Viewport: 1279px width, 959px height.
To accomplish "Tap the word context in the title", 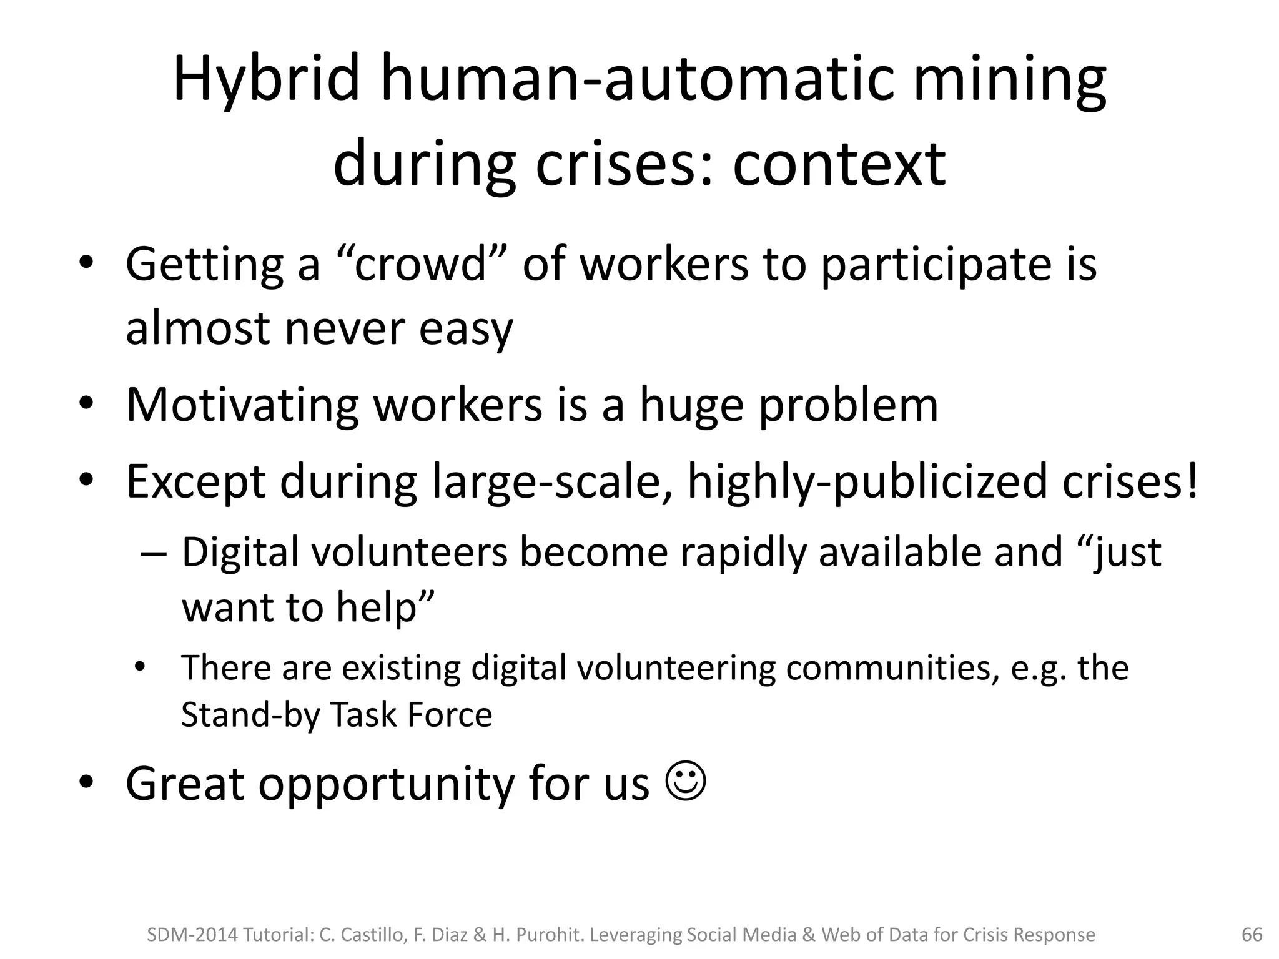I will coord(839,164).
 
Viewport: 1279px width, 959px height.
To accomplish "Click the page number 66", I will coord(1252,935).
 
